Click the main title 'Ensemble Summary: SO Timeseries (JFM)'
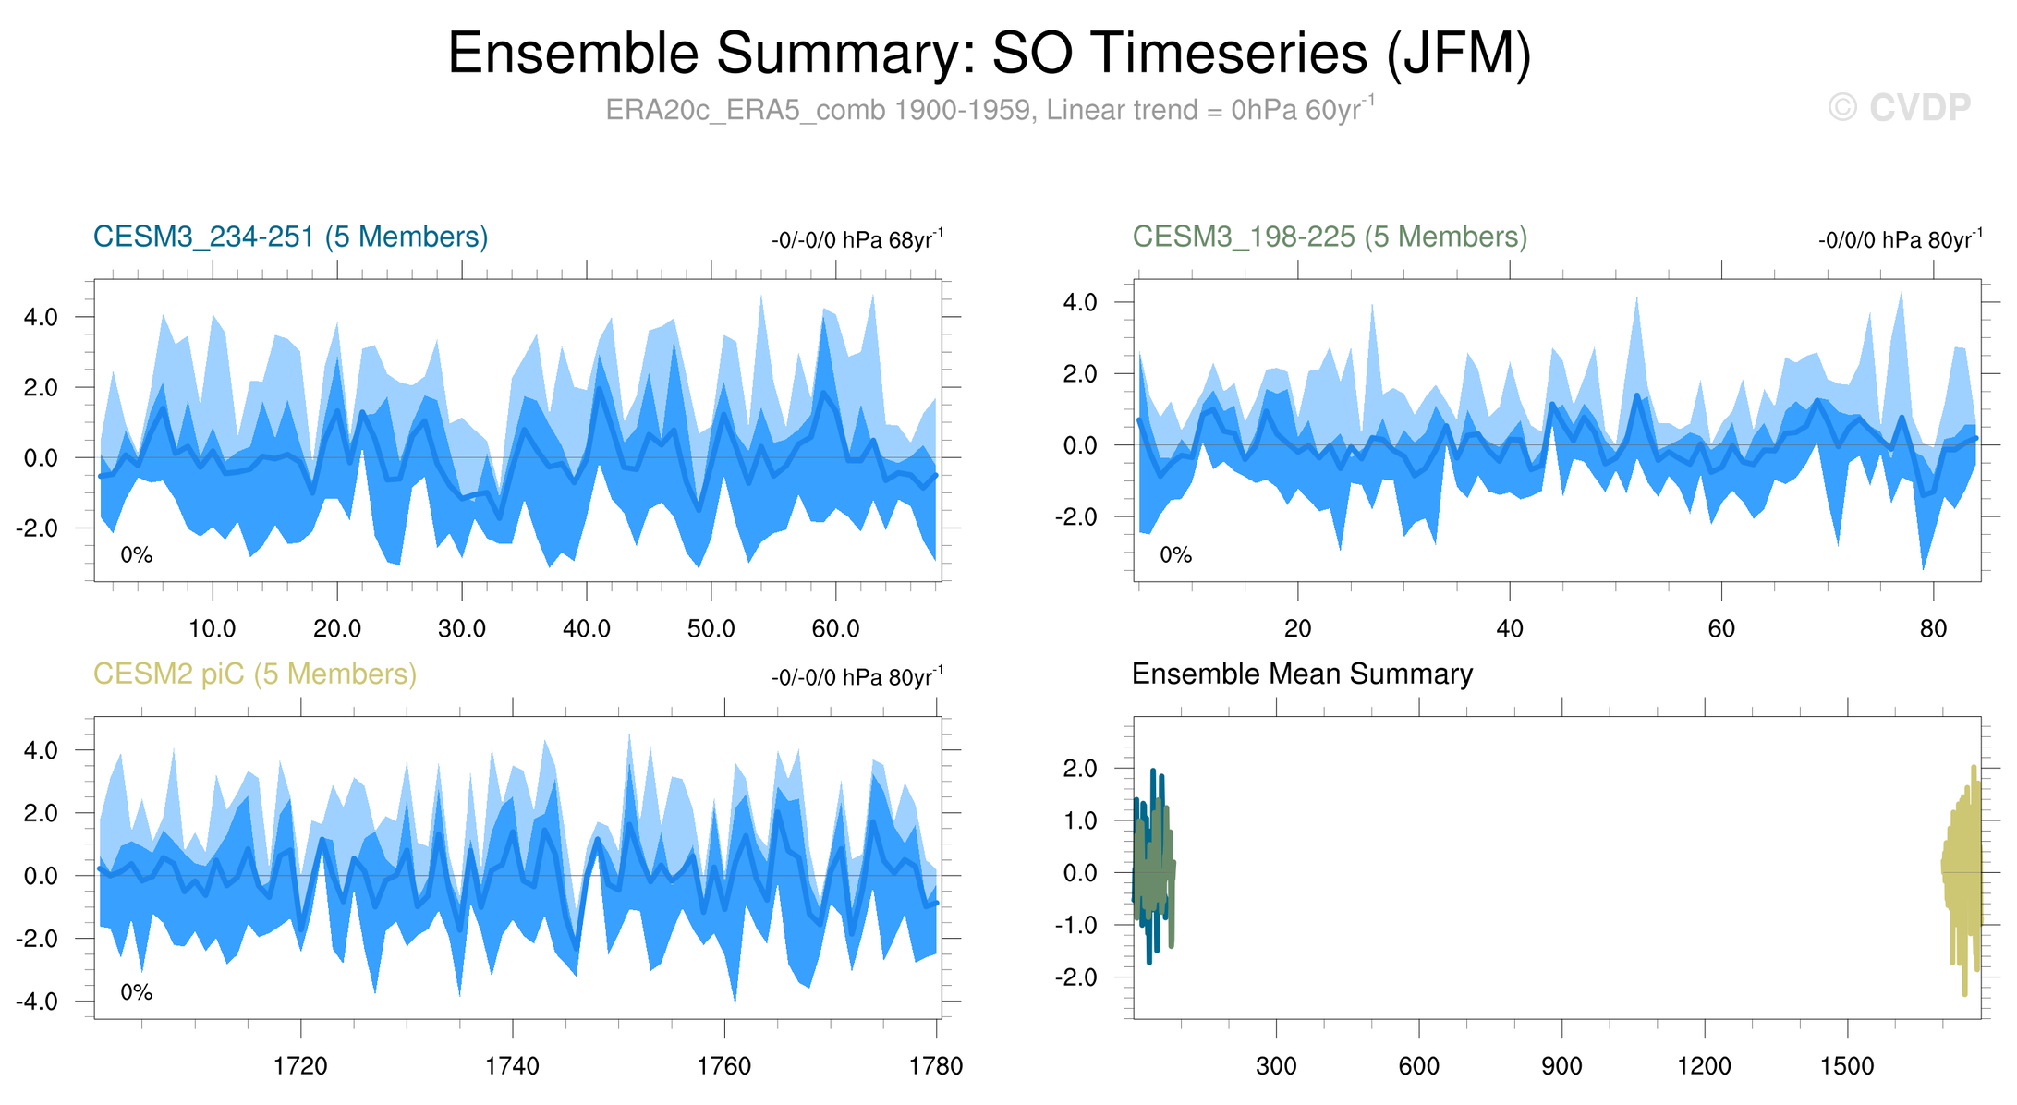(x=989, y=54)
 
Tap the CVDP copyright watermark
(x=1900, y=108)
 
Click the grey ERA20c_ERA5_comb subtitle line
(x=989, y=110)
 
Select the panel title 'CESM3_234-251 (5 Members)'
(x=290, y=237)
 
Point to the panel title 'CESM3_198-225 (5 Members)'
(x=1330, y=237)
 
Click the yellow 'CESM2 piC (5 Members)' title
(x=255, y=674)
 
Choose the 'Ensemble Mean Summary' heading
(x=1302, y=674)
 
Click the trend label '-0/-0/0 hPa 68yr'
(x=857, y=240)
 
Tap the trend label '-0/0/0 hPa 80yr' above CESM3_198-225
(x=1900, y=240)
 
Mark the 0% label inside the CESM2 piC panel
(x=136, y=992)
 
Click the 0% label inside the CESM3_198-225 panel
(x=1175, y=555)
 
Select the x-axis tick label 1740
(x=512, y=1066)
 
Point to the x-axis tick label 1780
(x=936, y=1066)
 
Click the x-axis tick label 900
(x=1561, y=1066)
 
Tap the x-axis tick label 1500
(x=1846, y=1066)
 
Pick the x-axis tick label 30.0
(x=461, y=629)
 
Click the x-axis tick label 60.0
(x=835, y=629)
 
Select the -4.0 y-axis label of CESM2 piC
(x=38, y=1002)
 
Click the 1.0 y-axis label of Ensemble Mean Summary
(x=1079, y=820)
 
